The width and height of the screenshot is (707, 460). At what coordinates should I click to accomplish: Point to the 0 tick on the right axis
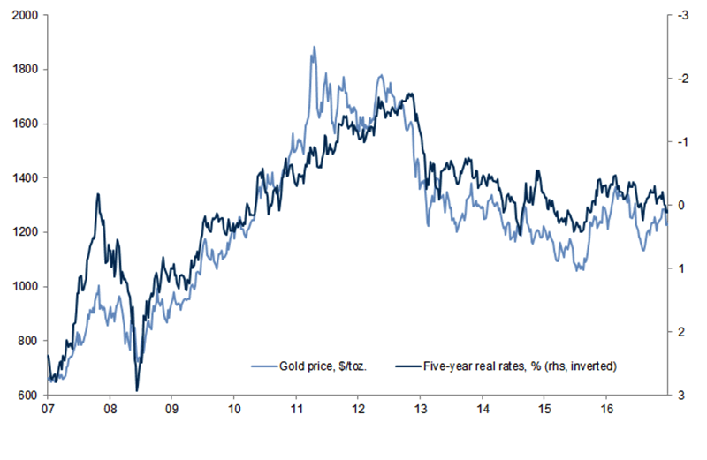point(681,205)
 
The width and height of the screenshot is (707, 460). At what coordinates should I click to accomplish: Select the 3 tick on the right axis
point(681,395)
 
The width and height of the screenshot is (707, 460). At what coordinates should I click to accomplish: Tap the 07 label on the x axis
point(47,411)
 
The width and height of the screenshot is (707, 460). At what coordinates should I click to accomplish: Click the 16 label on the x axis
point(607,411)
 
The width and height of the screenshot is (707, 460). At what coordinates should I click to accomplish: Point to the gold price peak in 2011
point(313,47)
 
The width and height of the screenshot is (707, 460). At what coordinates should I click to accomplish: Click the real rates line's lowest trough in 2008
point(137,390)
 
